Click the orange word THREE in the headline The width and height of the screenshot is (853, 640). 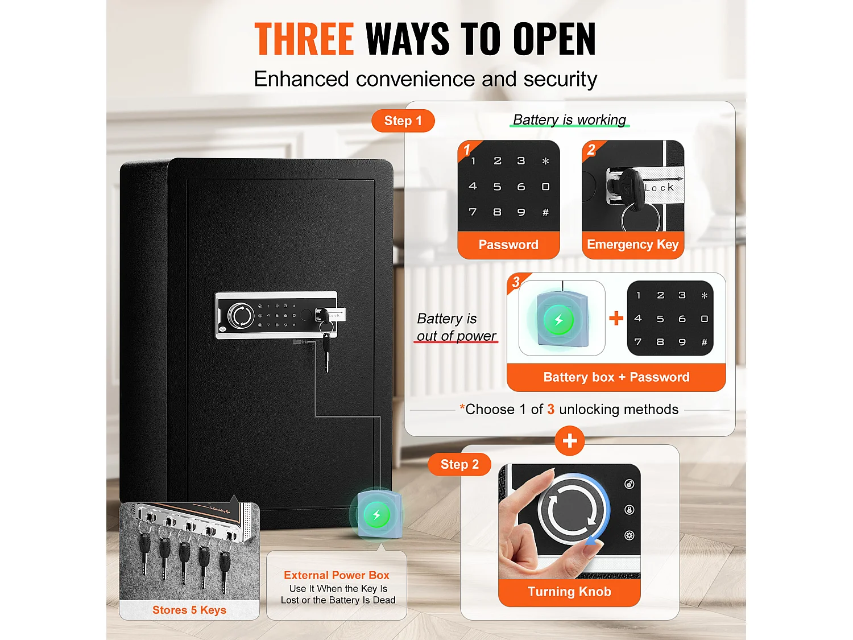click(x=304, y=39)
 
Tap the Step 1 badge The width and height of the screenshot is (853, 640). click(x=403, y=121)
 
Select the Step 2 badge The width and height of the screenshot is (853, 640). click(x=459, y=464)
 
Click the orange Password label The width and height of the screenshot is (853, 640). click(x=508, y=245)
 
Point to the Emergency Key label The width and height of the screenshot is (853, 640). click(x=633, y=245)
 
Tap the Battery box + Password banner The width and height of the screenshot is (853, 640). click(x=616, y=377)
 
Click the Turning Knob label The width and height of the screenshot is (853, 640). click(x=569, y=592)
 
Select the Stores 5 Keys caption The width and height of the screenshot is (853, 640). click(x=189, y=610)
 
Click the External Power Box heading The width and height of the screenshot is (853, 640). click(x=337, y=575)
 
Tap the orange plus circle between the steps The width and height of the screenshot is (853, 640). click(x=570, y=441)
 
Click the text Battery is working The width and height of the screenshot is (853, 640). click(x=569, y=119)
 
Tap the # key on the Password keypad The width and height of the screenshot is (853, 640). click(x=545, y=212)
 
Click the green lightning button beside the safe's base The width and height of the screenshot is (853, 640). click(x=376, y=515)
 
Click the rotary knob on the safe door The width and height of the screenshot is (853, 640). click(x=241, y=315)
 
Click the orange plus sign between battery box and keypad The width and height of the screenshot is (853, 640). click(x=616, y=318)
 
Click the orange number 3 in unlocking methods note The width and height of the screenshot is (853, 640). click(x=550, y=409)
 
